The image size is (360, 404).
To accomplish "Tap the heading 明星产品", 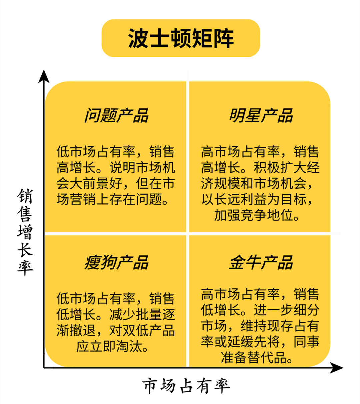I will pos(261,115).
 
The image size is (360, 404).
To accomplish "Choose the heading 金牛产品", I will pos(261,262).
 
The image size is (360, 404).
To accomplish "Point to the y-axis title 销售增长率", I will pos(25,232).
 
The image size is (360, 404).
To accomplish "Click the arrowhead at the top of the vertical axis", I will pos(44,76).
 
